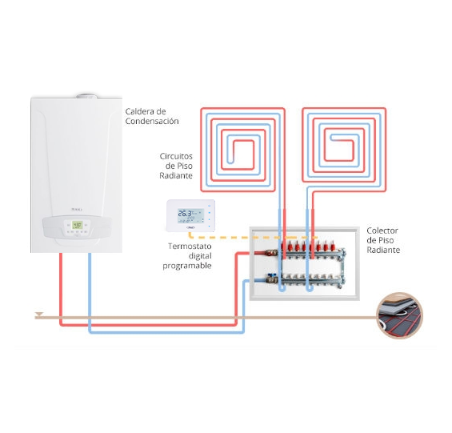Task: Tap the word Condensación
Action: click(x=152, y=121)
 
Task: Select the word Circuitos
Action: click(x=176, y=156)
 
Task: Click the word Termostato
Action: click(x=190, y=246)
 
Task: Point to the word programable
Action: click(x=187, y=266)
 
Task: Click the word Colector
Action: click(x=382, y=231)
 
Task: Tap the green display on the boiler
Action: click(x=77, y=225)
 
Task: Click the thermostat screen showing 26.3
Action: click(x=190, y=216)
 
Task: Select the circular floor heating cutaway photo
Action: click(x=399, y=315)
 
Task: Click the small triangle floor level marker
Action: click(x=38, y=315)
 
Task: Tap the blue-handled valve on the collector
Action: click(x=271, y=279)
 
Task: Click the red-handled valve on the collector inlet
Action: click(x=271, y=253)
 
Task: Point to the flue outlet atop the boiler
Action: click(x=86, y=96)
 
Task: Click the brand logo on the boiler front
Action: click(x=77, y=210)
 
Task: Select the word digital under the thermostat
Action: click(x=200, y=256)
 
